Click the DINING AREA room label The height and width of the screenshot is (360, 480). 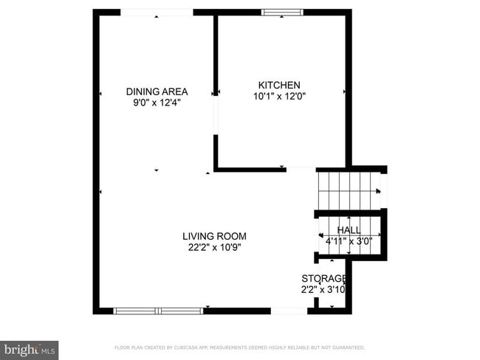[157, 91]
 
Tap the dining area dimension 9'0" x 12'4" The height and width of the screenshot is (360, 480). [157, 103]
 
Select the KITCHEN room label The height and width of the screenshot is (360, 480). [279, 85]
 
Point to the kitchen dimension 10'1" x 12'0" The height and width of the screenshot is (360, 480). [279, 96]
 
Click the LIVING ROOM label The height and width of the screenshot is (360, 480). [214, 236]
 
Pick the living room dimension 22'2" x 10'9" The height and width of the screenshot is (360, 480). [214, 248]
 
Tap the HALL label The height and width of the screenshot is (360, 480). [349, 230]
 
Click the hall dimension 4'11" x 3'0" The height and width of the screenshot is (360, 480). [349, 240]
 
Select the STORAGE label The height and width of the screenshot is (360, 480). [323, 278]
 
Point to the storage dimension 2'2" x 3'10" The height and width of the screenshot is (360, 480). [323, 289]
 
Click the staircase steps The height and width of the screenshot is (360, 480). [347, 191]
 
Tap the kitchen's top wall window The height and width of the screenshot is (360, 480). [283, 13]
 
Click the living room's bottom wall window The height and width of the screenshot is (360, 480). [158, 311]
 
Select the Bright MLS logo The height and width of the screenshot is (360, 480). [30, 348]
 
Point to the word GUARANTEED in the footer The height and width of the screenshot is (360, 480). [347, 347]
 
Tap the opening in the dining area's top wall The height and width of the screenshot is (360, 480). [157, 13]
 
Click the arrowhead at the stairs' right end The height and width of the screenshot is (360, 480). [380, 192]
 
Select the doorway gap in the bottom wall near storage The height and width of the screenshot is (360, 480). [289, 311]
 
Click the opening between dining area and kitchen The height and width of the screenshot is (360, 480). [216, 115]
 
